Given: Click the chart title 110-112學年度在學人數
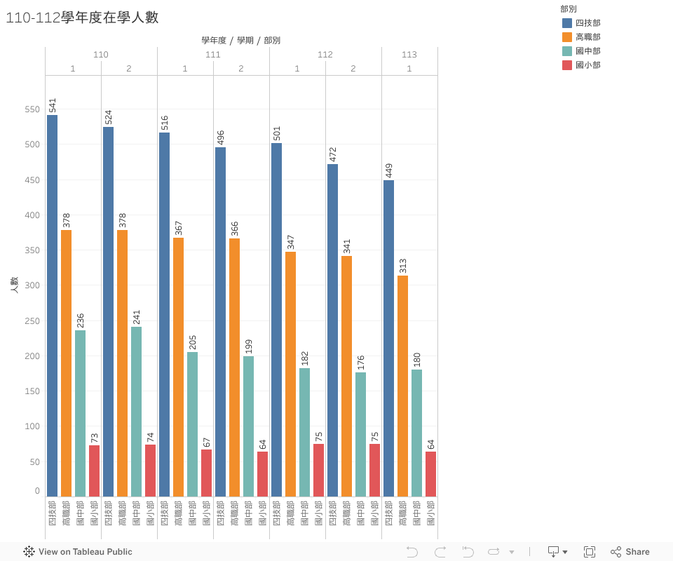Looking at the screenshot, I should pos(82,18).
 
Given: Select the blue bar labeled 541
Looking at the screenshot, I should pos(52,306).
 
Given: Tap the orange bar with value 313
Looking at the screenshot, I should pos(402,386).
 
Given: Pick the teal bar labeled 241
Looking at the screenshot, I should pos(136,412).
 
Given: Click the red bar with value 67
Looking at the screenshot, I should pos(206,473).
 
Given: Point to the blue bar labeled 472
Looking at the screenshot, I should pos(332,330).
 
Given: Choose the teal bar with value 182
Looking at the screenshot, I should pos(304,432).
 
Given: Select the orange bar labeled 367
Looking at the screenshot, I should pos(178,367).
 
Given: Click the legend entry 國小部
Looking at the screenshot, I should pos(587,65).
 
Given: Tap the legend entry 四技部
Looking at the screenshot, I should pos(587,23).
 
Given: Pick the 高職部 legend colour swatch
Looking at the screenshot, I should pos(567,37).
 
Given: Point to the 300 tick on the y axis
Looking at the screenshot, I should pos(32,285).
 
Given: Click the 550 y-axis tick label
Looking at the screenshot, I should pos(32,109).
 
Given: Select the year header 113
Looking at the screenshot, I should pos(409,55).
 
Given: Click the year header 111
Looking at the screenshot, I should pos(213,55).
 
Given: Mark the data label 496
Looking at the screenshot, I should pos(221,137).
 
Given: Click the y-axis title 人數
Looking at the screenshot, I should pos(14,285).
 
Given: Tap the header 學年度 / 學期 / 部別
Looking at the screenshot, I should pos(241,41).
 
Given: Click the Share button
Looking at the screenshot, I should pos(630,552).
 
